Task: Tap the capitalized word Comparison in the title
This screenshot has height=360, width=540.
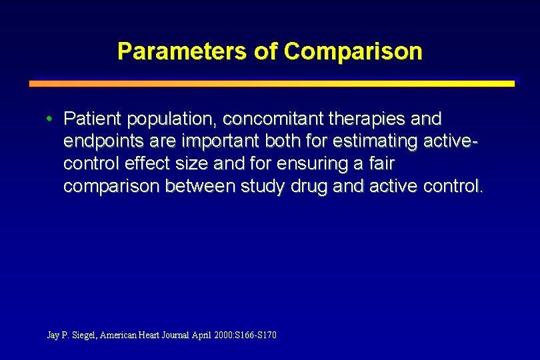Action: pyautogui.click(x=353, y=51)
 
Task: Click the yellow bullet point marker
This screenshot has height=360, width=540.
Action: pyautogui.click(x=50, y=119)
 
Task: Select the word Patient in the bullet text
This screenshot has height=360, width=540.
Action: pyautogui.click(x=93, y=119)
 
